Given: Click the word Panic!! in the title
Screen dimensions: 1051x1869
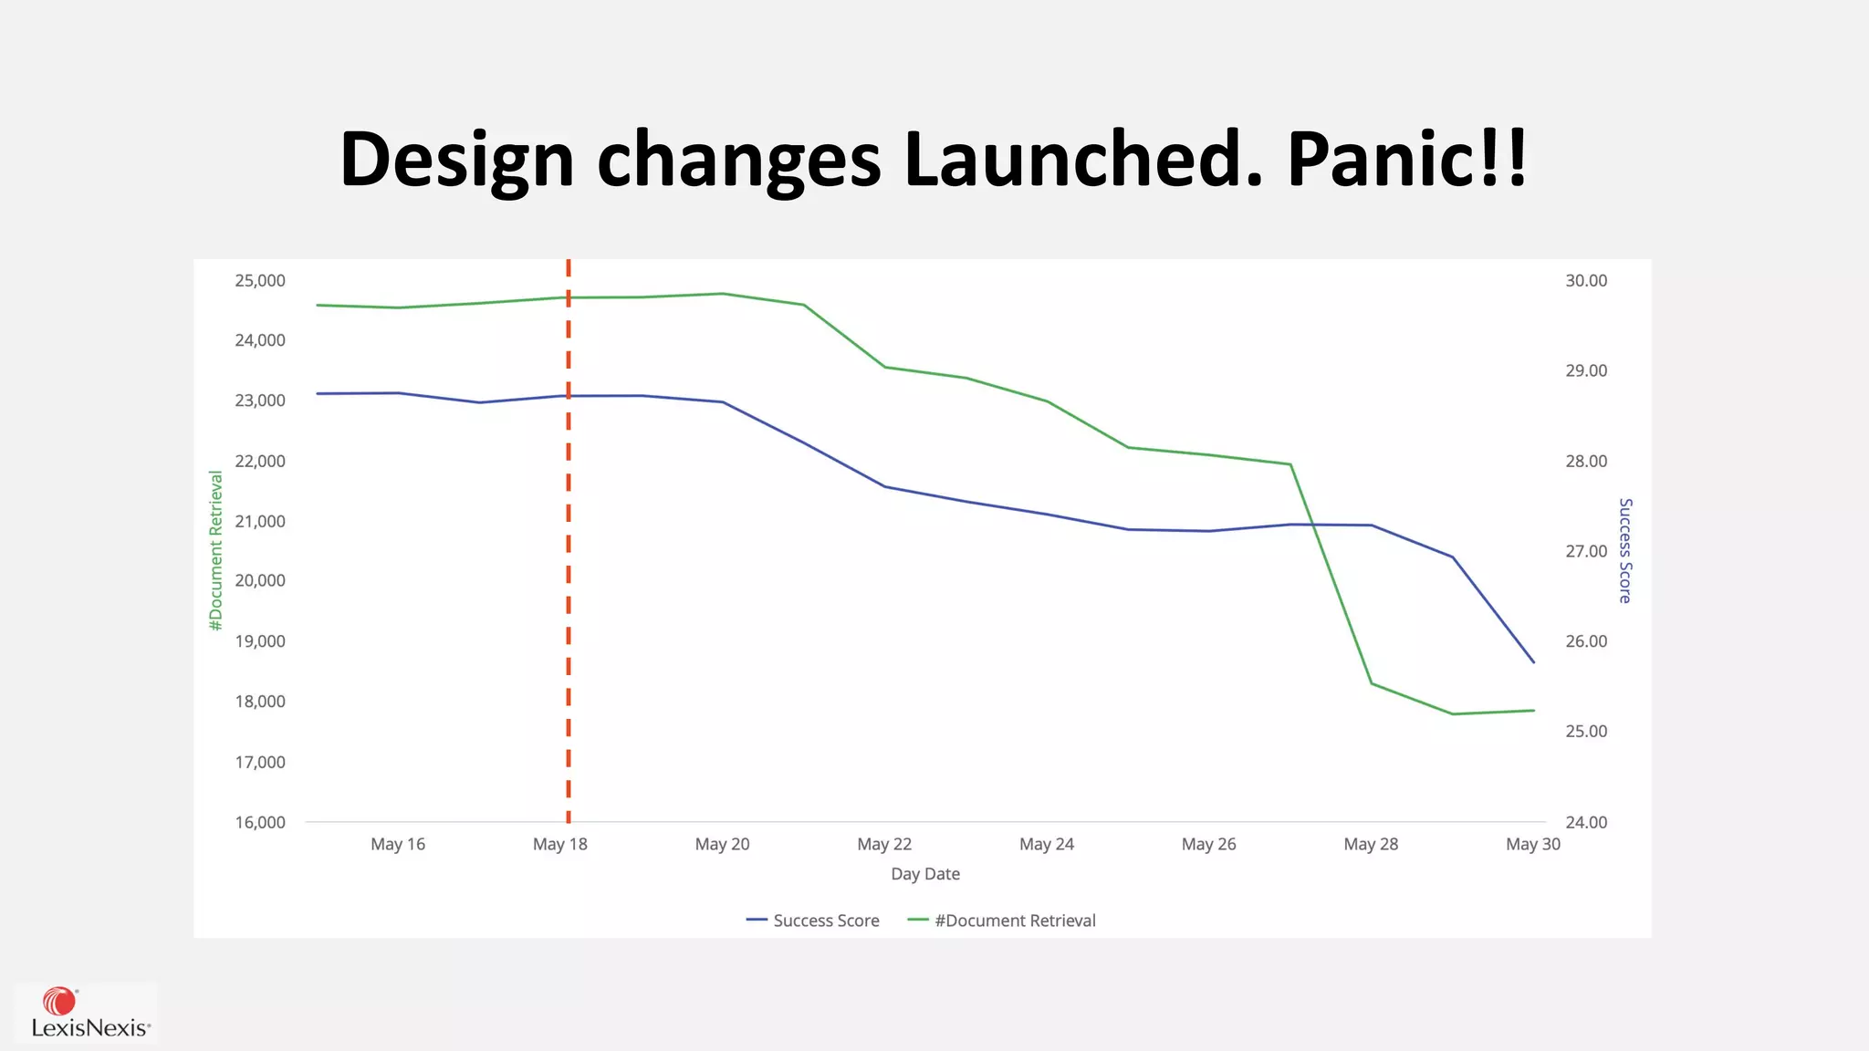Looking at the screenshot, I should (1406, 160).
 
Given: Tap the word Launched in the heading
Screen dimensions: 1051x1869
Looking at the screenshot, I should (1082, 160).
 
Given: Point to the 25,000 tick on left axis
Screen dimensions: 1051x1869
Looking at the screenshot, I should (260, 281).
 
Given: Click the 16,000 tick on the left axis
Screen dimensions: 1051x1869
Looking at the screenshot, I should (260, 822).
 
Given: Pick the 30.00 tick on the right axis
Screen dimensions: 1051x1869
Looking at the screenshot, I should (1586, 281).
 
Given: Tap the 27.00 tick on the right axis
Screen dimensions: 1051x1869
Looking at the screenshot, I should (1586, 551).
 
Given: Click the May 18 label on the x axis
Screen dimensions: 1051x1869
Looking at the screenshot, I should (559, 844).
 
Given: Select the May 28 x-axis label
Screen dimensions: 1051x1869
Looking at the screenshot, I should (1371, 844).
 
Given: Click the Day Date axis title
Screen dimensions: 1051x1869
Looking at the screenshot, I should (925, 874).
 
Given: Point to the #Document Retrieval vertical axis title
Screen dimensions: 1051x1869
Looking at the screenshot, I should (216, 550).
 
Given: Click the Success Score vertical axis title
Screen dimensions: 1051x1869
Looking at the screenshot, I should (1624, 550).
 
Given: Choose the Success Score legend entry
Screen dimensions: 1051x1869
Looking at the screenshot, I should (813, 921).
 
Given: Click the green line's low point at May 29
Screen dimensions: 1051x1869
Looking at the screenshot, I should (1453, 713).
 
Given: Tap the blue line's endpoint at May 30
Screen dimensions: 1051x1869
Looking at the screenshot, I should (1533, 661).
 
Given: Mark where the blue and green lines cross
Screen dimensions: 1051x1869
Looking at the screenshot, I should (1313, 525).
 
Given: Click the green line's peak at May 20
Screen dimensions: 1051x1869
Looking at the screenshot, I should (723, 294).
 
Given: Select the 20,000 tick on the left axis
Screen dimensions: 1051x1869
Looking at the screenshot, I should (260, 580).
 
